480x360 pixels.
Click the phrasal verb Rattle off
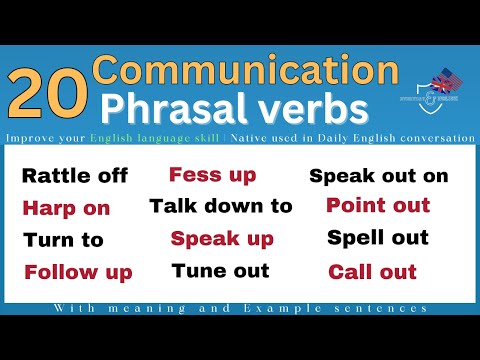75,176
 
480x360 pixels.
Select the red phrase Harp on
66,208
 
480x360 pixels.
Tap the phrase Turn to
63,240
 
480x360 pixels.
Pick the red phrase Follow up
78,272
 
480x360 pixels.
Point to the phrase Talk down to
221,206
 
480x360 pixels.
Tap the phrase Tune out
220,270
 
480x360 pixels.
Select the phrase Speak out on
379,176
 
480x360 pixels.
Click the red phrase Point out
378,206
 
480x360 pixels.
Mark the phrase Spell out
378,238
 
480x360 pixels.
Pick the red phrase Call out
371,270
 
